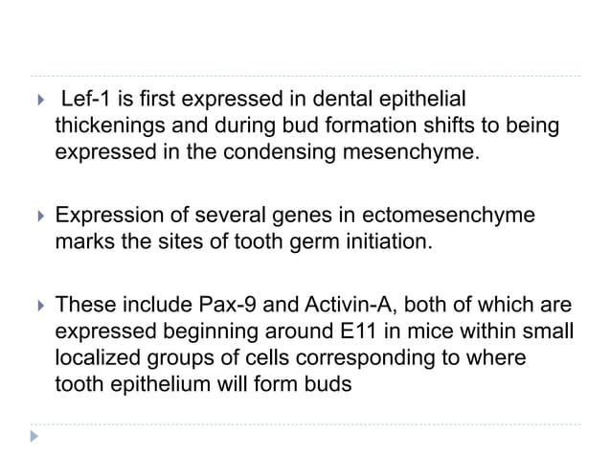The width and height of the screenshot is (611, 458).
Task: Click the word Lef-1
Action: (x=88, y=100)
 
